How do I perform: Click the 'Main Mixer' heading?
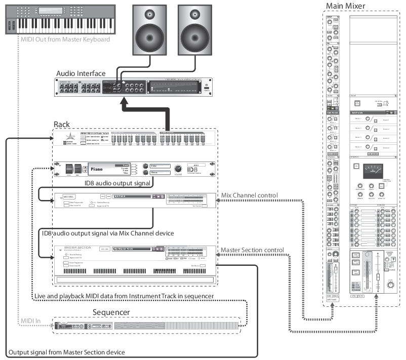pyautogui.click(x=345, y=6)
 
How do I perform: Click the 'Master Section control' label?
pyautogui.click(x=252, y=250)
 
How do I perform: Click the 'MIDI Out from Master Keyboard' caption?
pyautogui.click(x=65, y=39)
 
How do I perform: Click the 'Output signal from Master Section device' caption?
pyautogui.click(x=73, y=352)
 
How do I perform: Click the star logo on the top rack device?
pyautogui.click(x=70, y=139)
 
